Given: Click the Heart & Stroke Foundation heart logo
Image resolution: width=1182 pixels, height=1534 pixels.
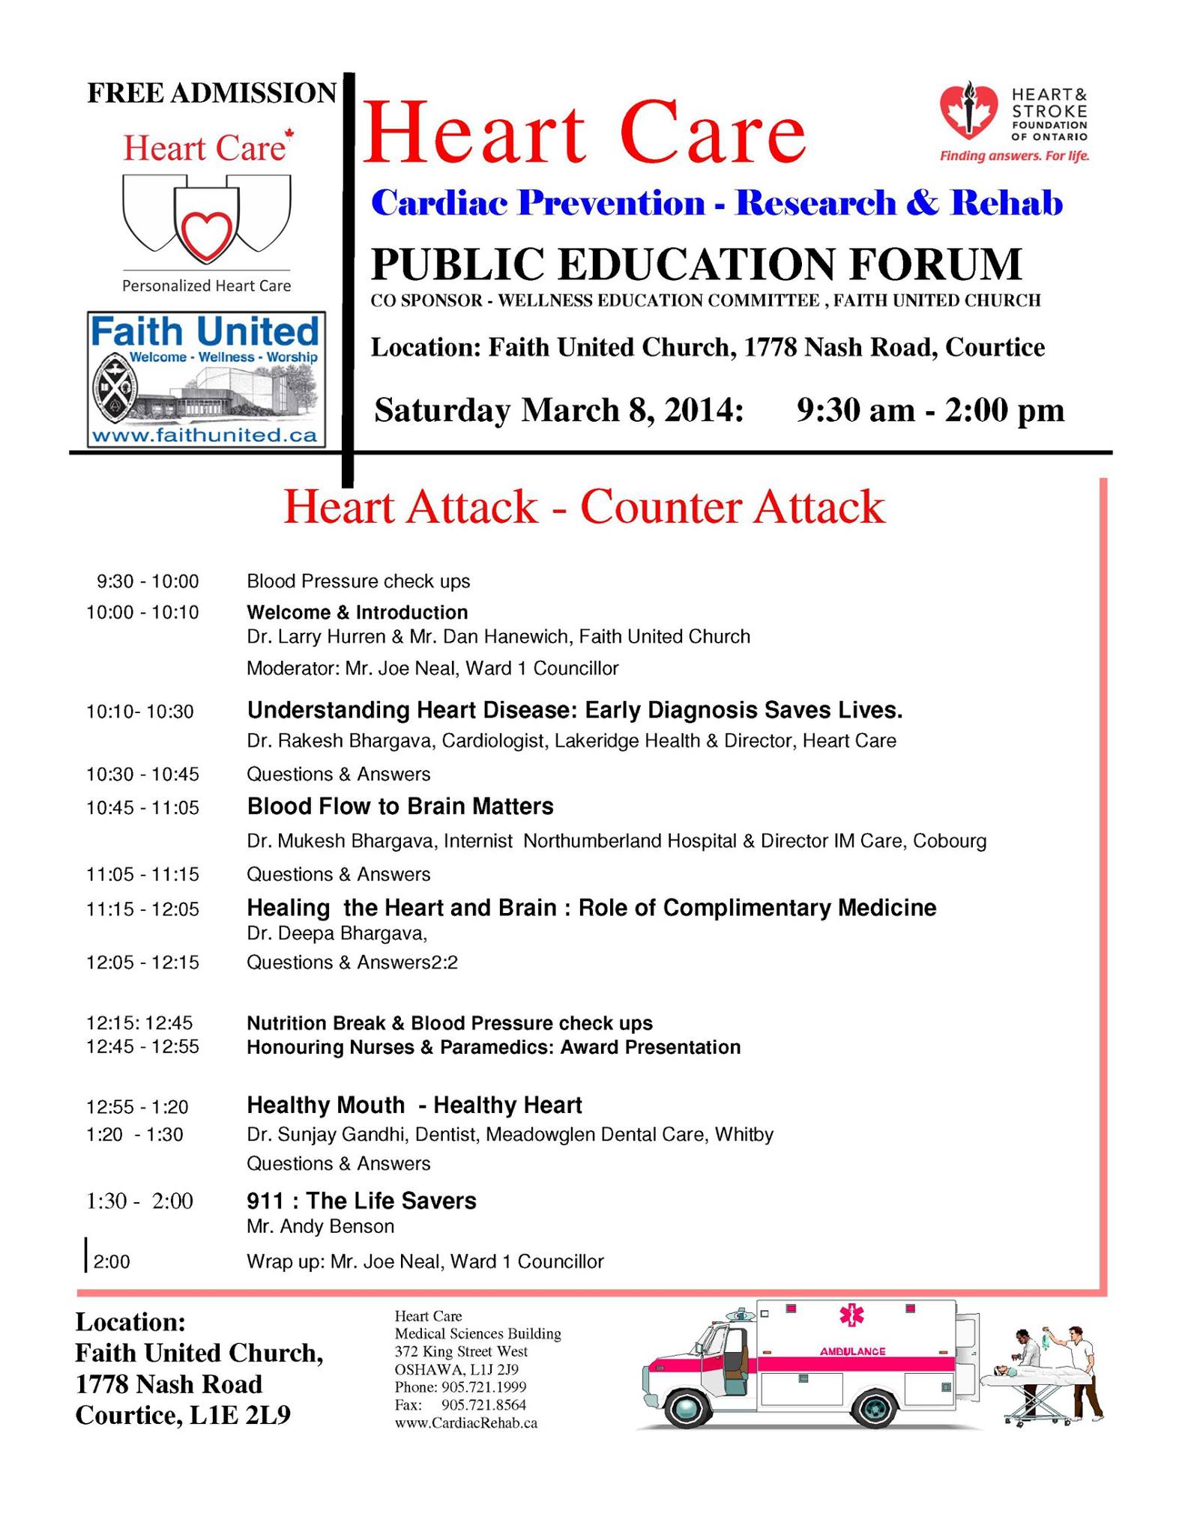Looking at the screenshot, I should tap(968, 111).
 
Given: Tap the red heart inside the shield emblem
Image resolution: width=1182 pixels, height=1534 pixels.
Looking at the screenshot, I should tap(207, 234).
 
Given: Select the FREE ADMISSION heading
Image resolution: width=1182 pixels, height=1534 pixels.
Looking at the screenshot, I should tap(212, 93).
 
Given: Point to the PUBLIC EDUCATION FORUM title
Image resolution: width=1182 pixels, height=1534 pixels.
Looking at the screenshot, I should tap(696, 264).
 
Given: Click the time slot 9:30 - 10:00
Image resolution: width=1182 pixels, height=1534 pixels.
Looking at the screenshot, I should tap(148, 581).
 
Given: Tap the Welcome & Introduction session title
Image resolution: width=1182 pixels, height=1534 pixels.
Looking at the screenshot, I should tap(358, 613).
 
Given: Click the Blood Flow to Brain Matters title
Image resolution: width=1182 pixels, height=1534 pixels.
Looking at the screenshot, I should tap(400, 807).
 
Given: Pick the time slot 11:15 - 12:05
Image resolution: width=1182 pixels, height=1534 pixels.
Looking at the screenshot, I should tap(142, 909).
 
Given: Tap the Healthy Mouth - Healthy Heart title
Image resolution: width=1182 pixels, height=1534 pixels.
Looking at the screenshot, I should tap(414, 1105).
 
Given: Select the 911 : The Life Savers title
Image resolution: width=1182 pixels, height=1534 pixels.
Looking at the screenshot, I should tap(361, 1201).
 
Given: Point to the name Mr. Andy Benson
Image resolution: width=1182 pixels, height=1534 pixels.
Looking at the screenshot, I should tap(320, 1226).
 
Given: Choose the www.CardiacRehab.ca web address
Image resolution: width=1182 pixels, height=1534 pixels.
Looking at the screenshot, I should tap(465, 1423).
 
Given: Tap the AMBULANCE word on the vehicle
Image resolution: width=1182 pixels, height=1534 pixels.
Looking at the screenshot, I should tap(852, 1351).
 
